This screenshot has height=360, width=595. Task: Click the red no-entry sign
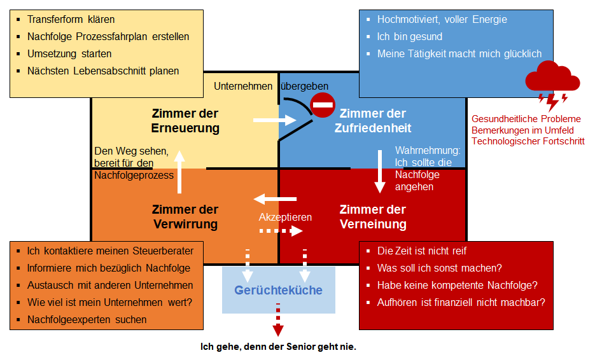tap(323, 105)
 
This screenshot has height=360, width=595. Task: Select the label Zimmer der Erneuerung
tap(185, 121)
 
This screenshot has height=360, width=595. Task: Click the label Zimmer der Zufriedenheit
tap(373, 121)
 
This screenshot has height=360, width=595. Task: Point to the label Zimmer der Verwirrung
tap(185, 217)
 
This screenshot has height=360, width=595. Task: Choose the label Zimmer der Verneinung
tap(373, 217)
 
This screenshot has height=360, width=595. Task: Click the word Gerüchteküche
tap(278, 290)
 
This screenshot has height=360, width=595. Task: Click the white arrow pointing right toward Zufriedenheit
tap(275, 120)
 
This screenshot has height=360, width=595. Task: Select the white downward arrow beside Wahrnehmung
tap(380, 172)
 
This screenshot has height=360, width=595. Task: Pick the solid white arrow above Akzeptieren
tap(275, 199)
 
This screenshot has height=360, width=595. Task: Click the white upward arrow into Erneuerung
tap(179, 172)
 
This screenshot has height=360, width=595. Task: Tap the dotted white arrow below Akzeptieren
tap(281, 231)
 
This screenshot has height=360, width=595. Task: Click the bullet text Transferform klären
tap(71, 19)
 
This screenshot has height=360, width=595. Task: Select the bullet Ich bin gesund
tap(409, 36)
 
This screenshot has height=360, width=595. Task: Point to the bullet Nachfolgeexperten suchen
tap(87, 319)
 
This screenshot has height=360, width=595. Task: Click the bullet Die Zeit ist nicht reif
tap(421, 251)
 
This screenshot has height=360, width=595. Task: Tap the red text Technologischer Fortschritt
tap(528, 141)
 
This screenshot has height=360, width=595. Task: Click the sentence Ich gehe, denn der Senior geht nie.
tap(278, 347)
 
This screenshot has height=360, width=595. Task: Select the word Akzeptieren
tap(285, 217)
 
